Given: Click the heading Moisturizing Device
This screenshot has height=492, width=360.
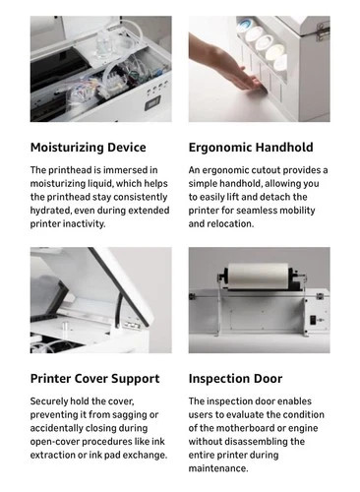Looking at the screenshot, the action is point(89,148).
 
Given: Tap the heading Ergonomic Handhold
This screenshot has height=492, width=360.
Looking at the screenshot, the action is point(251,148).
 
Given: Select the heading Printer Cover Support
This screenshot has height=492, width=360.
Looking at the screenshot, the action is point(95,379).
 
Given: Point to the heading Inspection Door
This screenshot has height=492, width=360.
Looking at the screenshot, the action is point(235,379).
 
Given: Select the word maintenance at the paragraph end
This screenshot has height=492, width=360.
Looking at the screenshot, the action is point(218,468).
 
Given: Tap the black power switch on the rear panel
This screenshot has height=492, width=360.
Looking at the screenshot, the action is point(313,320).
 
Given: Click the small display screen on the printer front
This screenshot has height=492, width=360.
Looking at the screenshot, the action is point(152,104).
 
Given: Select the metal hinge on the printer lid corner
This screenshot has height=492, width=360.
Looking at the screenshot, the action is point(323,31).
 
